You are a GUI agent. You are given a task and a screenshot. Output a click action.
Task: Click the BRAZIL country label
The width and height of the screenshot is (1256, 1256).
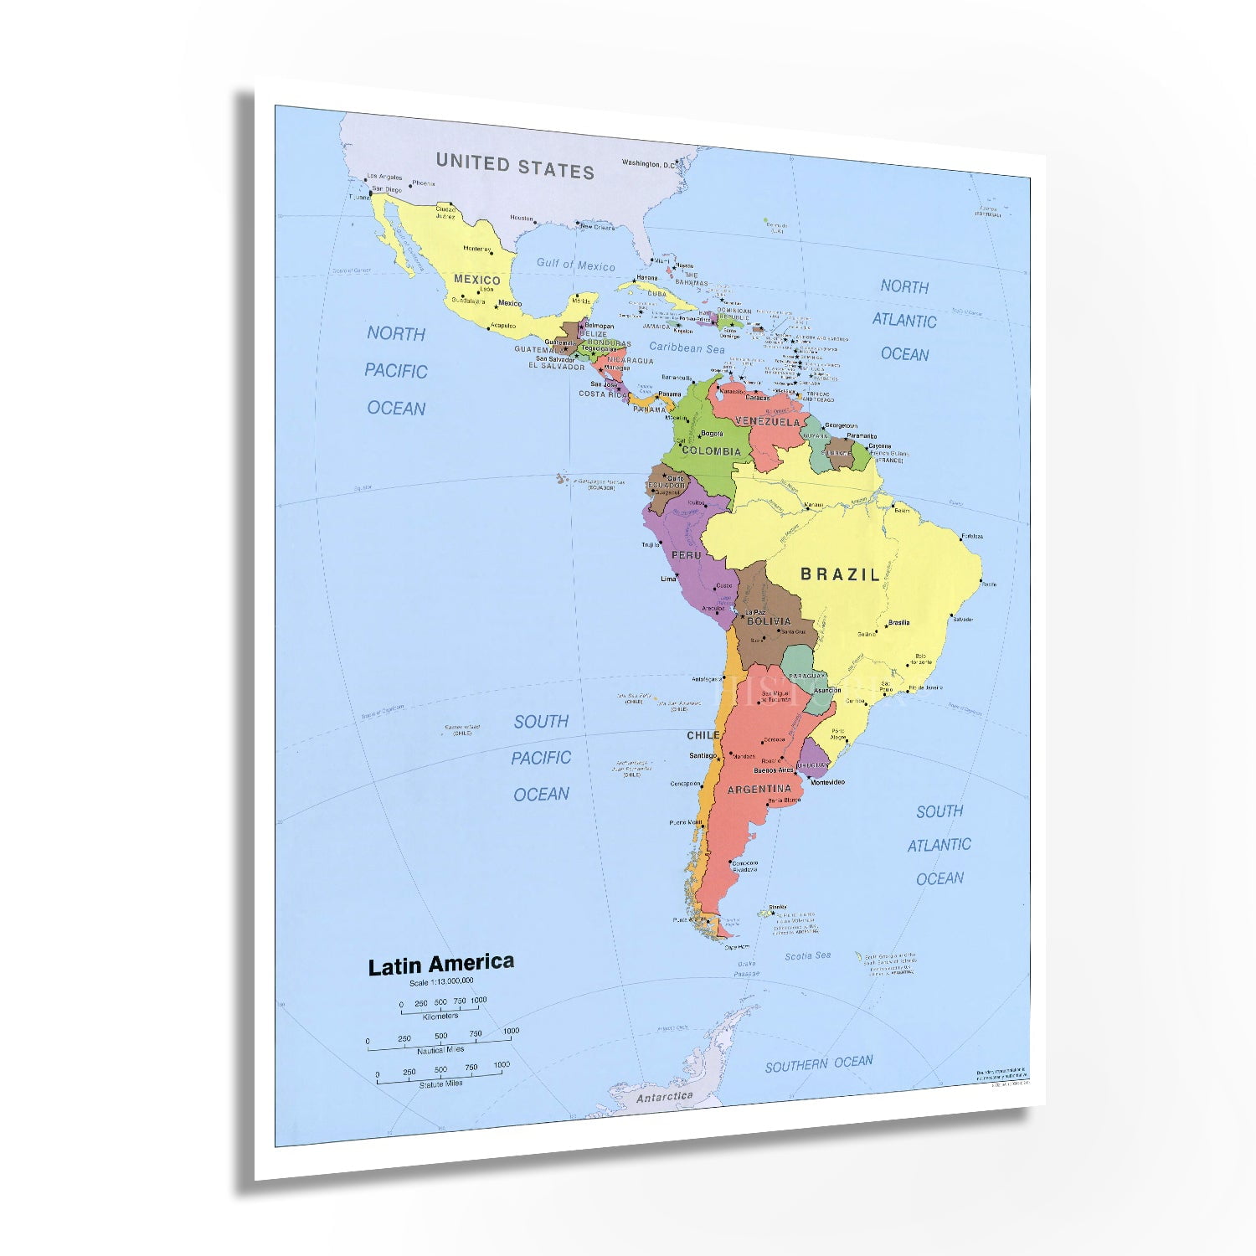[x=841, y=574]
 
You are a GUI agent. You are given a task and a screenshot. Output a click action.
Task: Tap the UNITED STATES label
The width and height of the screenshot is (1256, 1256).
[x=515, y=166]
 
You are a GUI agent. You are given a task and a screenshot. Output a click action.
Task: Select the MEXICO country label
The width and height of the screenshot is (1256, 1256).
[x=476, y=280]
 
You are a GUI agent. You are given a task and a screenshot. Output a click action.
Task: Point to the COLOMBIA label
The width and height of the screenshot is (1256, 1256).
[x=711, y=451]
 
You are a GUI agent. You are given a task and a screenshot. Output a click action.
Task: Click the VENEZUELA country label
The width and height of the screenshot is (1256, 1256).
[x=768, y=422]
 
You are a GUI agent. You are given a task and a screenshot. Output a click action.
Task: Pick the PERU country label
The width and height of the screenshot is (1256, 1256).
[x=687, y=555]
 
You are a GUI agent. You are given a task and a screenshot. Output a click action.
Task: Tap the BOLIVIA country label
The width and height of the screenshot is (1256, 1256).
[x=769, y=621]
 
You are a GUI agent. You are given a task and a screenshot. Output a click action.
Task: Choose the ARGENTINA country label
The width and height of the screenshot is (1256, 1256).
[x=759, y=789]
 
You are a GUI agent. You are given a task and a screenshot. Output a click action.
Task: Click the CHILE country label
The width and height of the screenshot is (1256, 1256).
[x=703, y=735]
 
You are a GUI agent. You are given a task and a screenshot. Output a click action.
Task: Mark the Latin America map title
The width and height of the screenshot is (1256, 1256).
[x=441, y=965]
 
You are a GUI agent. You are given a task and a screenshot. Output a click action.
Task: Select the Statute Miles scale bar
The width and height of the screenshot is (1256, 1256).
[x=441, y=1078]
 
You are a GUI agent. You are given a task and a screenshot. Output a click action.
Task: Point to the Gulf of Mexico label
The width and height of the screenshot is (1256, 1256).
[x=575, y=265]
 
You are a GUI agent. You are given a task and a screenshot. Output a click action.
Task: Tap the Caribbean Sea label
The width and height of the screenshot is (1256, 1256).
[x=687, y=347]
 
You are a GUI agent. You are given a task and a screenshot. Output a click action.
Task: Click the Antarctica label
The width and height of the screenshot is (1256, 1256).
[x=665, y=1096]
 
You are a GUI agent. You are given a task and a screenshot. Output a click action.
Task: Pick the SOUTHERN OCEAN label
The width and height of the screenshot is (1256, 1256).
[x=818, y=1063]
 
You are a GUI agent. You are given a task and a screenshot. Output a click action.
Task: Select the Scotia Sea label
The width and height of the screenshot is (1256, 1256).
[x=807, y=955]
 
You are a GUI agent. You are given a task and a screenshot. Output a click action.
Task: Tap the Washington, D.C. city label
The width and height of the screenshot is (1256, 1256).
[x=647, y=164]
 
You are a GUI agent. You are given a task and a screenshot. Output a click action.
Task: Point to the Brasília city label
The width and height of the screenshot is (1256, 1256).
[x=899, y=622]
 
